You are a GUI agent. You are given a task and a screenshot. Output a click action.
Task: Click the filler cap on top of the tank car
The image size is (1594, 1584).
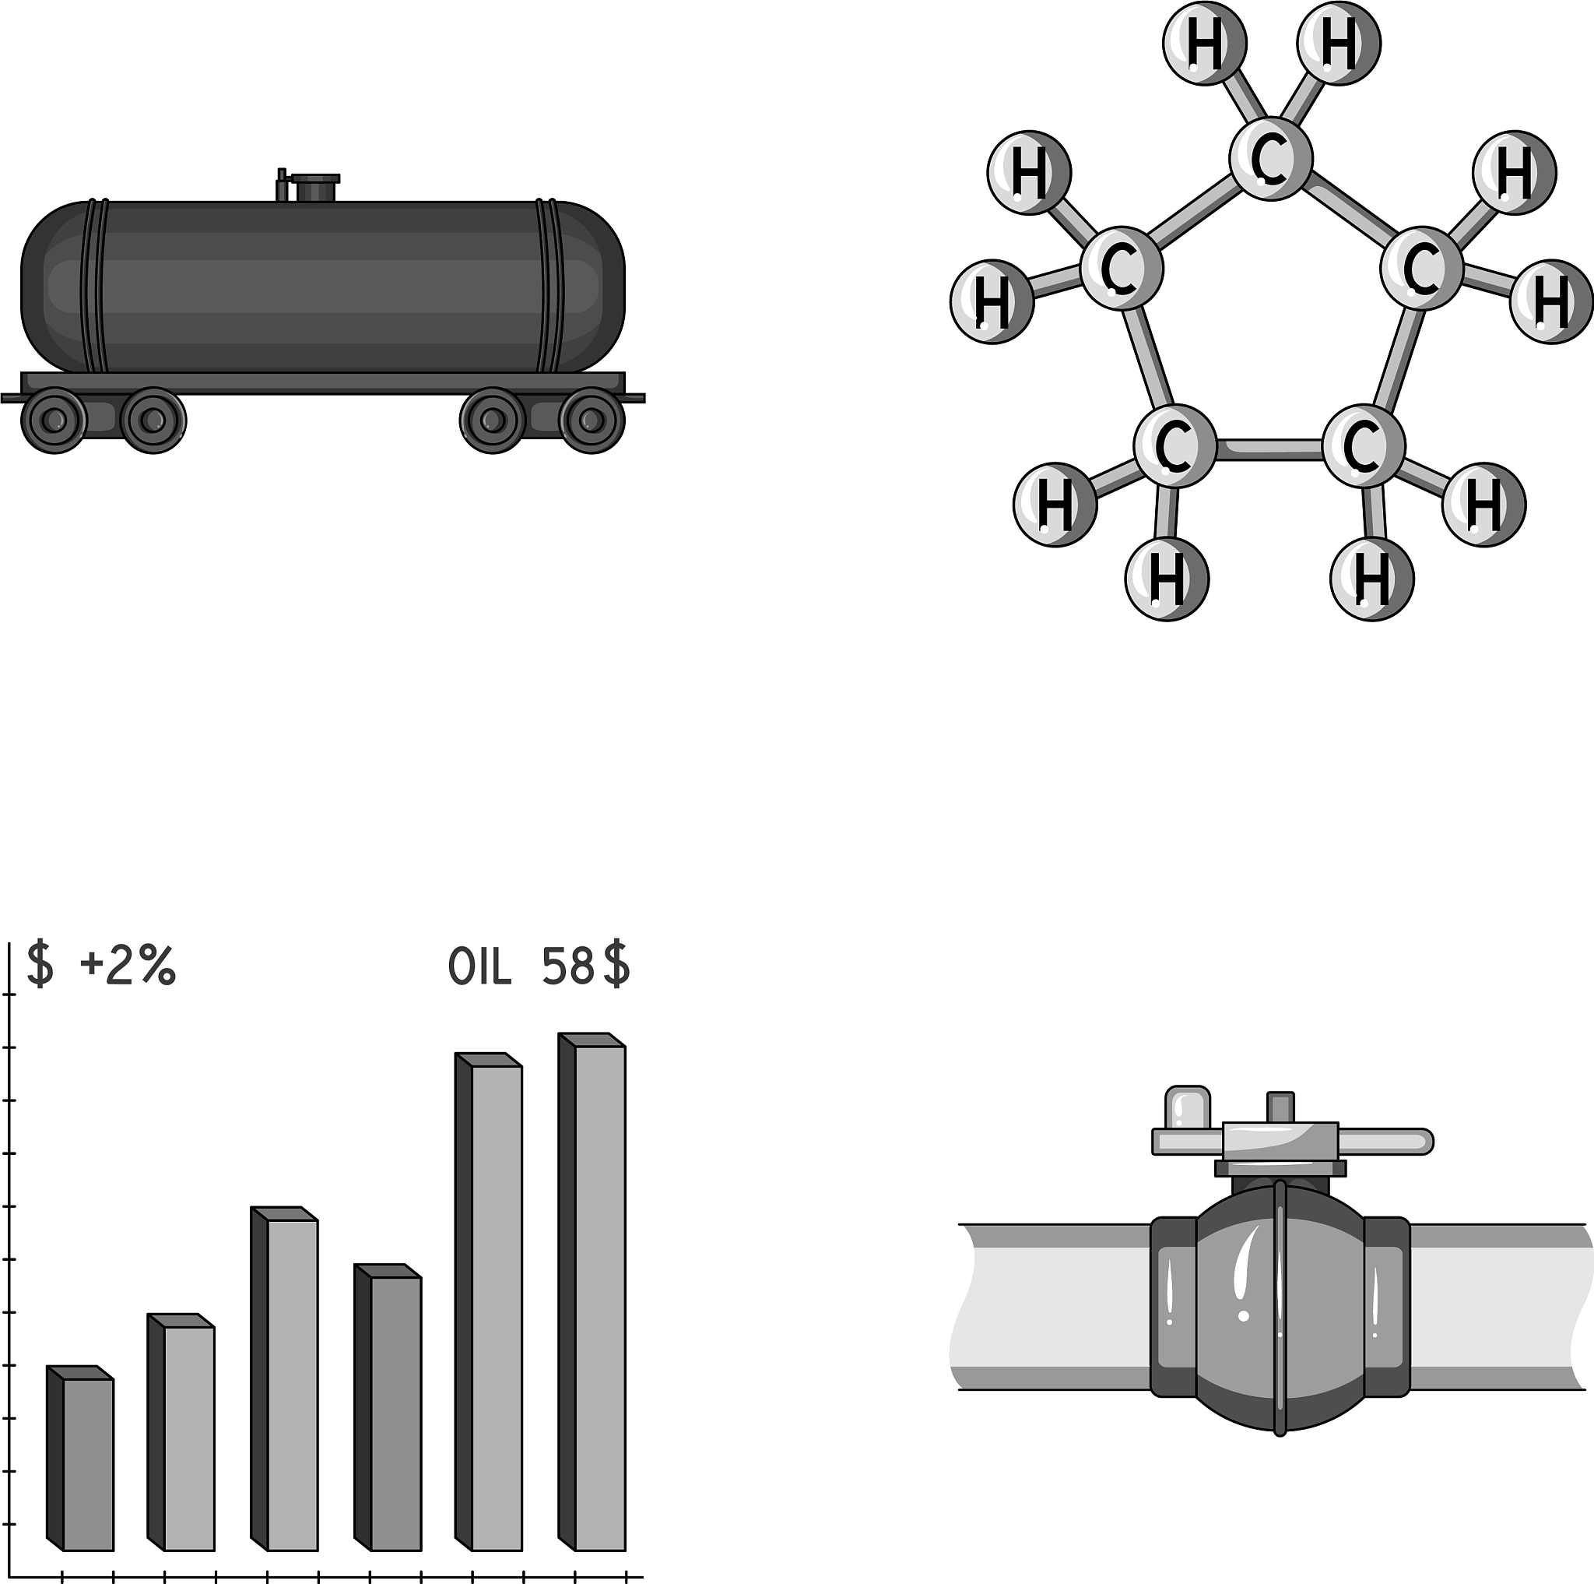[x=314, y=188]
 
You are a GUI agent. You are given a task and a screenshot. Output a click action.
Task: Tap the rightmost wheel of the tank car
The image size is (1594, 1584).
[x=592, y=421]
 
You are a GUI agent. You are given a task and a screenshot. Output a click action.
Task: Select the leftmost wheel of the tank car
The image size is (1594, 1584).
[x=54, y=421]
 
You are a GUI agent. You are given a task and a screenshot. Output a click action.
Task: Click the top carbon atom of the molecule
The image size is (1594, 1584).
[x=1270, y=157]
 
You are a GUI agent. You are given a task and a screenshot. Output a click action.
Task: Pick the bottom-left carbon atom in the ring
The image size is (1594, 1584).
[x=1174, y=446]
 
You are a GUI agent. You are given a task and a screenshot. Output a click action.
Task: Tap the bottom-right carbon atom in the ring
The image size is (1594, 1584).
[x=1363, y=446]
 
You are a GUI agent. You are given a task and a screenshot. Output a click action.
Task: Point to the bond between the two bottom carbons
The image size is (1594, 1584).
[x=1269, y=449]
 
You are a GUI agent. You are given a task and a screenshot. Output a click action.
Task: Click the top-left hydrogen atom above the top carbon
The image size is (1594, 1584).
[x=1206, y=43]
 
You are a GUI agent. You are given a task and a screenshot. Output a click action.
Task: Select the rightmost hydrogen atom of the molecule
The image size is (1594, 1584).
[x=1551, y=301]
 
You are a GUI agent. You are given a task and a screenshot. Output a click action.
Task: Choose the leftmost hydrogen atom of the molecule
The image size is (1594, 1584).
[x=992, y=301]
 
